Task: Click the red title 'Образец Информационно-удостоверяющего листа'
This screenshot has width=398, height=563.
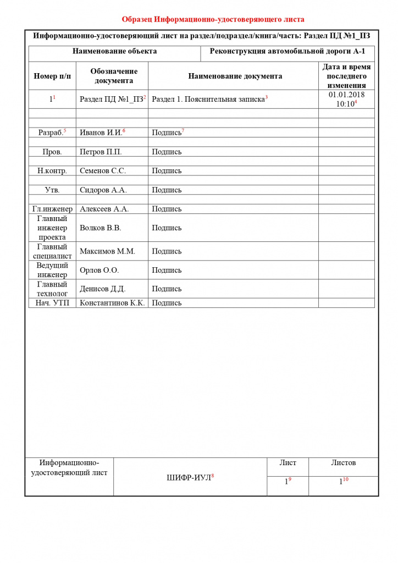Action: click(213, 19)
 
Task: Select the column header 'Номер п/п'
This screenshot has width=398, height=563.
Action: click(52, 76)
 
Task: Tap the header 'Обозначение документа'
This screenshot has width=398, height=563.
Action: click(114, 76)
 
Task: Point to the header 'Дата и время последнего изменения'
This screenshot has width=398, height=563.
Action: click(346, 76)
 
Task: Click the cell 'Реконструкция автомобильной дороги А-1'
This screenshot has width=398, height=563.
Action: click(288, 52)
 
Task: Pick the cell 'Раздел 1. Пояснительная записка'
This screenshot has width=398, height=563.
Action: click(208, 100)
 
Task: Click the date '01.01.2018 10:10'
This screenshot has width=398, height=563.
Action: click(346, 99)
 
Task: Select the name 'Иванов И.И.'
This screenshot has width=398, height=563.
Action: click(101, 133)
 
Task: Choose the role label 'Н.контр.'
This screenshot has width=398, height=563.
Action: click(52, 171)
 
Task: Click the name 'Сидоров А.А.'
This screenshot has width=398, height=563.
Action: click(103, 190)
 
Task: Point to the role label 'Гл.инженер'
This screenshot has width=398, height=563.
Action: click(52, 209)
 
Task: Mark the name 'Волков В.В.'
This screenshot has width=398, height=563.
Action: click(100, 228)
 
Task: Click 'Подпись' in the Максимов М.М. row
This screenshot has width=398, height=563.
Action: click(167, 251)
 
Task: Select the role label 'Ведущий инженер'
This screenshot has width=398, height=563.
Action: click(52, 270)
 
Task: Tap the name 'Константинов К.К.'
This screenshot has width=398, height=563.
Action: click(112, 303)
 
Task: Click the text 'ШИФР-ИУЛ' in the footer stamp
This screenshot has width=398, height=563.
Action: click(189, 478)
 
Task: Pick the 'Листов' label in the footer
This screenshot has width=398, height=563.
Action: click(344, 463)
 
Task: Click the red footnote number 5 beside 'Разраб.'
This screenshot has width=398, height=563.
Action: click(65, 130)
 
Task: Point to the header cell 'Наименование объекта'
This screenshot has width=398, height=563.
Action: click(114, 52)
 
